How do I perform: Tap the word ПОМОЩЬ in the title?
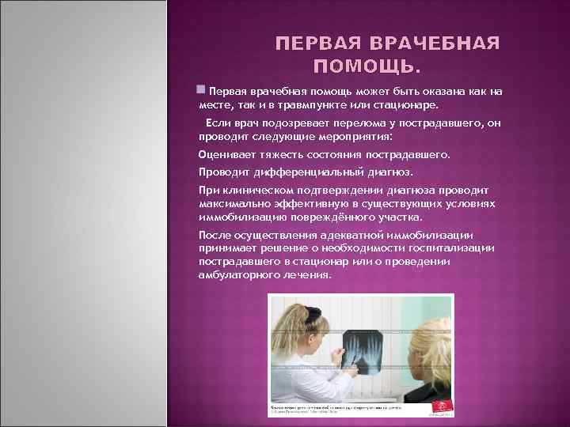coord(365,65)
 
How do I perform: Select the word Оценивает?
coord(225,155)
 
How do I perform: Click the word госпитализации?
coord(454,248)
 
